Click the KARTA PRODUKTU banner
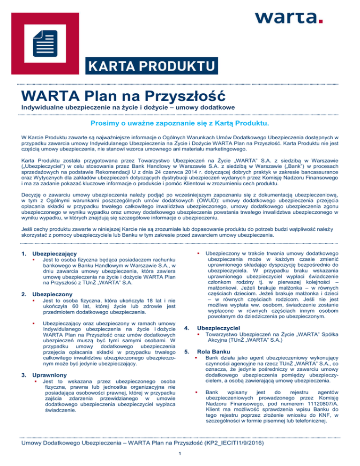click(151, 65)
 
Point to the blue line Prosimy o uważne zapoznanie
click(180, 124)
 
